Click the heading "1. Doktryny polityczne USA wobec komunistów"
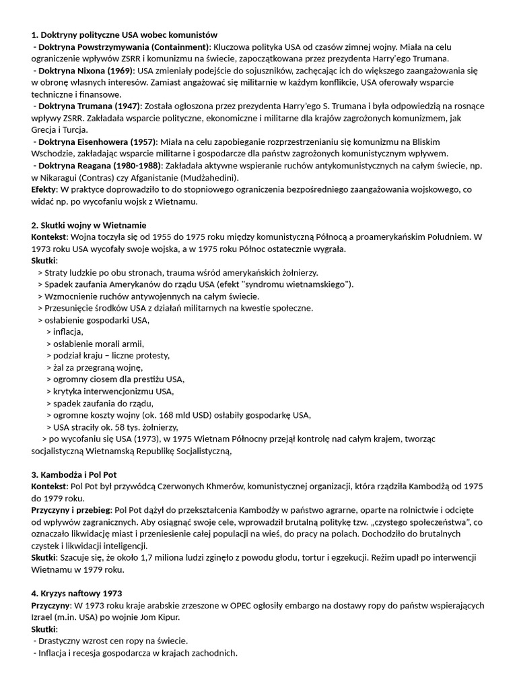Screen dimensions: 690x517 pos(125,34)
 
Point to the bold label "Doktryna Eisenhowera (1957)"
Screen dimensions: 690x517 pos(97,142)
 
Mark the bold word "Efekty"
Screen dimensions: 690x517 pos(44,189)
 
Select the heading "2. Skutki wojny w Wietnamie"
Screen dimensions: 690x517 pos(89,224)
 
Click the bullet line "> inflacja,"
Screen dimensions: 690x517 pos(65,332)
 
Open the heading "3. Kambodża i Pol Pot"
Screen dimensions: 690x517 pos(74,474)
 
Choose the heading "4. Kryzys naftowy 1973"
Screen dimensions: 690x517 pos(76,594)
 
